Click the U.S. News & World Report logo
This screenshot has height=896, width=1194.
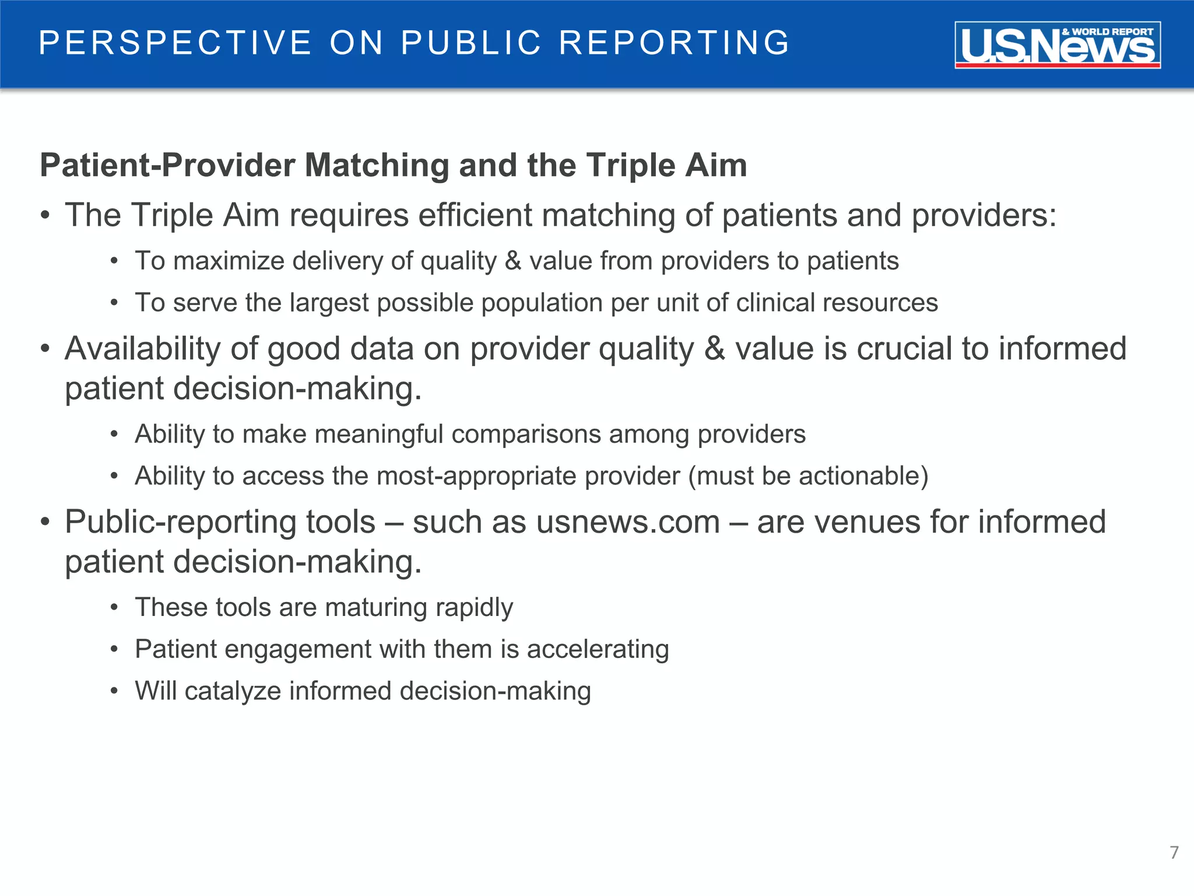(1057, 45)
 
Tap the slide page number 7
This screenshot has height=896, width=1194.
(1174, 852)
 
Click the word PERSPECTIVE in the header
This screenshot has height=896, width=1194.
(175, 43)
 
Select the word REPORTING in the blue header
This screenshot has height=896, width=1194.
(674, 43)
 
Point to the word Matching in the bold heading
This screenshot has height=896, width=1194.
(377, 165)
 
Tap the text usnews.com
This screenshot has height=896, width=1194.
(628, 521)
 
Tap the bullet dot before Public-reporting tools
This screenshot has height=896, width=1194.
(45, 521)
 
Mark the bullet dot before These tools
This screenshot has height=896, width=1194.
(114, 608)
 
